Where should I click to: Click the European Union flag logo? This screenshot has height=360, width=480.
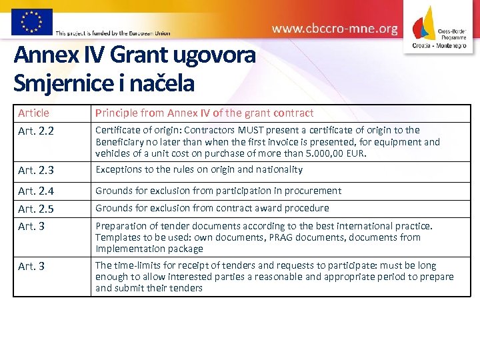pyautogui.click(x=31, y=21)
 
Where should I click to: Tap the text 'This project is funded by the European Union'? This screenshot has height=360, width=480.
pyautogui.click(x=113, y=33)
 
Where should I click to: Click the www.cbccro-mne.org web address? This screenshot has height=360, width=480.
pyautogui.click(x=335, y=29)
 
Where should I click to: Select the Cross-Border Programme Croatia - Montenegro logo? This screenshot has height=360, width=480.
pyautogui.click(x=440, y=27)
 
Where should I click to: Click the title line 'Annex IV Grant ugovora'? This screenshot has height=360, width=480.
pyautogui.click(x=134, y=55)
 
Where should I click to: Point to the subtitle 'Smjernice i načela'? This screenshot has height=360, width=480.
pyautogui.click(x=104, y=83)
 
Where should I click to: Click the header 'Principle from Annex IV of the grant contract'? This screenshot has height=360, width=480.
pyautogui.click(x=204, y=113)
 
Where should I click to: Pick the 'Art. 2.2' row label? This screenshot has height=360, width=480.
pyautogui.click(x=36, y=131)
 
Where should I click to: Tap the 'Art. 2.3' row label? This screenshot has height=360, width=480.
pyautogui.click(x=36, y=171)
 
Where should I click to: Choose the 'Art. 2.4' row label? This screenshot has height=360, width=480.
pyautogui.click(x=36, y=191)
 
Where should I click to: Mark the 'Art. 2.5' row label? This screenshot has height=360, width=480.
pyautogui.click(x=36, y=209)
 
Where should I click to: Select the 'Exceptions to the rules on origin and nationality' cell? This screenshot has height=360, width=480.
pyautogui.click(x=199, y=169)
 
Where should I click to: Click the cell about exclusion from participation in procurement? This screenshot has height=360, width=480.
pyautogui.click(x=218, y=191)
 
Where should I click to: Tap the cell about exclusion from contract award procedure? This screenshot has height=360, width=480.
pyautogui.click(x=212, y=208)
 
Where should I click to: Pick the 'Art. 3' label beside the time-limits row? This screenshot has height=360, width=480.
pyautogui.click(x=31, y=267)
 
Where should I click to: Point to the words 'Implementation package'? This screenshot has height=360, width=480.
pyautogui.click(x=149, y=249)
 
